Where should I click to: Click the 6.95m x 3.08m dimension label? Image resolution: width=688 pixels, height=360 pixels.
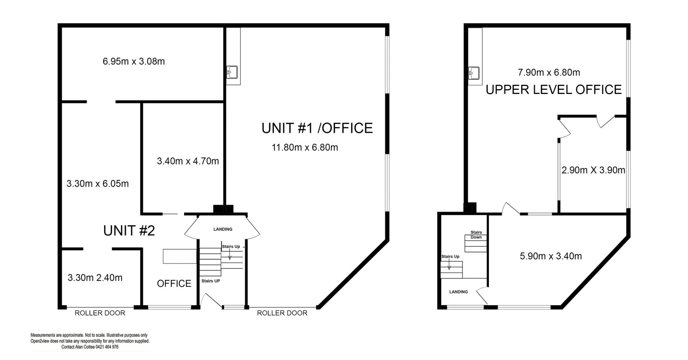134,62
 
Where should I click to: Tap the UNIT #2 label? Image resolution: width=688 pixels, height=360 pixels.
129,231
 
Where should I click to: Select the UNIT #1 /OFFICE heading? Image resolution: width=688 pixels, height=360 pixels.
317,128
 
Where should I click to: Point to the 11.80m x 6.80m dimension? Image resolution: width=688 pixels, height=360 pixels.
305,147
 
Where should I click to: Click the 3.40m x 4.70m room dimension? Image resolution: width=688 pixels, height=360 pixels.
188,161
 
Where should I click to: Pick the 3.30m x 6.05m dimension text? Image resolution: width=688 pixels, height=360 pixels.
97,184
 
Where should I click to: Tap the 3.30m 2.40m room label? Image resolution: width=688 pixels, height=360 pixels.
95,278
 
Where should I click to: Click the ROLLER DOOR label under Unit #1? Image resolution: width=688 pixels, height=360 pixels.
282,313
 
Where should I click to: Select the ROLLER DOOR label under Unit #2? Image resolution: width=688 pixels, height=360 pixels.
100,313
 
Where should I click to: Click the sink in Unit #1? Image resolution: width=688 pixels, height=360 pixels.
232,72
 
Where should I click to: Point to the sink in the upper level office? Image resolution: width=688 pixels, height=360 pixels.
474,73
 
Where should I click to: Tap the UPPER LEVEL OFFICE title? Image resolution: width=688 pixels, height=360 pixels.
554,90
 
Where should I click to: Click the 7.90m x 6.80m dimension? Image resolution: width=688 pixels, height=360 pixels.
549,72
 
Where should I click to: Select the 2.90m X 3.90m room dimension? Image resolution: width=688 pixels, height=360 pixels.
593,170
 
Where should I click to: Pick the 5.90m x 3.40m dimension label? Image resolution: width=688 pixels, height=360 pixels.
551,256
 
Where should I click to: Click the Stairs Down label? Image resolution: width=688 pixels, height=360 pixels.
476,235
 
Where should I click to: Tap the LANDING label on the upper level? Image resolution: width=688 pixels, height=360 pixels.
459,292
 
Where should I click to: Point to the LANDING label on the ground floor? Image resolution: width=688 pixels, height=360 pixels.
223,229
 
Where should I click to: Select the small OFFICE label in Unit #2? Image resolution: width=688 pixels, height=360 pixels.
174,284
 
